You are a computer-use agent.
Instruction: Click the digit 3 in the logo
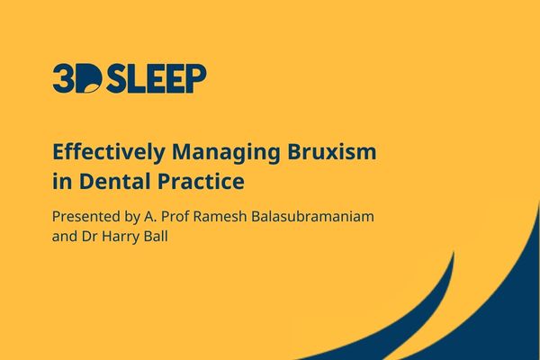(64, 78)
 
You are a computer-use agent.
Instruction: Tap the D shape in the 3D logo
(89, 78)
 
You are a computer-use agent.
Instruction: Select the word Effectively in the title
(109, 152)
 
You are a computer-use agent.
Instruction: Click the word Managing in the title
(226, 152)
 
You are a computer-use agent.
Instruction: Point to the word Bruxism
(332, 151)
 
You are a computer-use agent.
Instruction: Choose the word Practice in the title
(201, 181)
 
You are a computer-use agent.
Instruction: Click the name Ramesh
(220, 217)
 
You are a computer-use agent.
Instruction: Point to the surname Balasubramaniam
(312, 217)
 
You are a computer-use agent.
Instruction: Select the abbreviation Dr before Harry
(89, 237)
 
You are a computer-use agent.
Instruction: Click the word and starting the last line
(65, 237)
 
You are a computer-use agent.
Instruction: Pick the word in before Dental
(62, 181)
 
